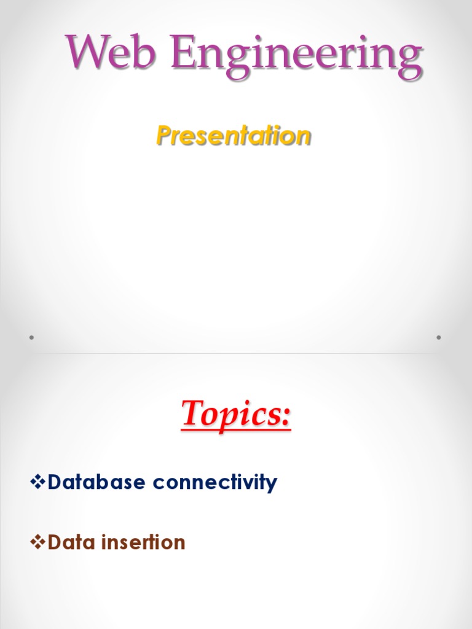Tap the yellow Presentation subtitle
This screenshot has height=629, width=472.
(234, 135)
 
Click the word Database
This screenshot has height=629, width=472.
(97, 482)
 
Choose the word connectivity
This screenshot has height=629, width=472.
(215, 483)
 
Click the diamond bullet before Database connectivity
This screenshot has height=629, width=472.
(37, 482)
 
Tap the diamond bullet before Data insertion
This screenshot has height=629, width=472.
(37, 542)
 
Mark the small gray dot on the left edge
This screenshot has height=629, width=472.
(31, 337)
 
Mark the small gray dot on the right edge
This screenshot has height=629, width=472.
(439, 337)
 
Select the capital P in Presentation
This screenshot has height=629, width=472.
(164, 135)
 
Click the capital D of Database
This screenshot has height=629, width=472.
(56, 482)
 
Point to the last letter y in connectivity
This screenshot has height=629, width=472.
(272, 485)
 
